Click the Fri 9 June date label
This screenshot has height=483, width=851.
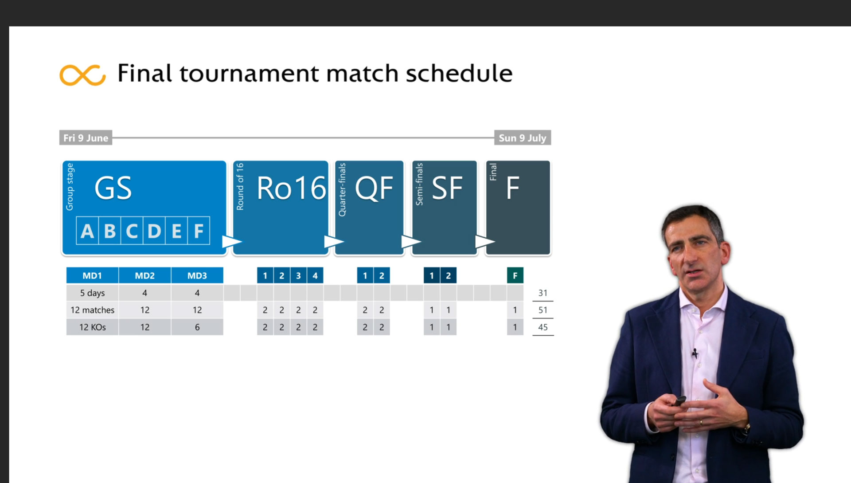86,138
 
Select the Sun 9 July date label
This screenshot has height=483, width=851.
523,138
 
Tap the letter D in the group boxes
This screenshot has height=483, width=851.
154,231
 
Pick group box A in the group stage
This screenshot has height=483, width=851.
87,231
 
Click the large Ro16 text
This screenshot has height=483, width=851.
291,188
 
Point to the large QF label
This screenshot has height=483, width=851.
374,188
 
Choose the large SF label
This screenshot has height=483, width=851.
447,188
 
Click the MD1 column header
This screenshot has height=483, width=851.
92,275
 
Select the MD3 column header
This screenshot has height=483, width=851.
197,275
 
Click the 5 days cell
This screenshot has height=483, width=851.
92,293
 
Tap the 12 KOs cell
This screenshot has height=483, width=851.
92,327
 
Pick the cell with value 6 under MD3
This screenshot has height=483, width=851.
197,327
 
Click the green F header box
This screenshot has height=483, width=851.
515,275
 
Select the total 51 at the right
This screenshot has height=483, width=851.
543,310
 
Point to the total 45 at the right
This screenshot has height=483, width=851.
543,327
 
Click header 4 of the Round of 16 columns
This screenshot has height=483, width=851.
315,275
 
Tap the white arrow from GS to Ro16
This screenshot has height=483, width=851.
231,242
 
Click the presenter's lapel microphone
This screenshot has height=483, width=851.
695,353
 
